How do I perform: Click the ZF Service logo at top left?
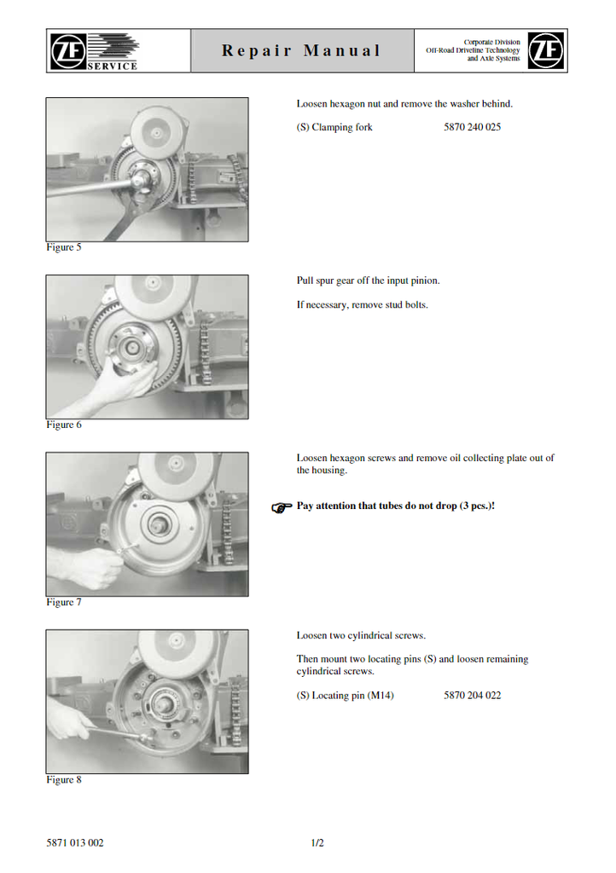pos(94,51)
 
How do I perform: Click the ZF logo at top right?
pos(546,50)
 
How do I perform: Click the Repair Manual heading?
pos(301,50)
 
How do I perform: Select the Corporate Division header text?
pos(473,50)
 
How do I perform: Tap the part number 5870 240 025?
pos(473,127)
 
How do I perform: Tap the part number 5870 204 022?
pos(473,696)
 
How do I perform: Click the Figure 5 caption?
pos(63,247)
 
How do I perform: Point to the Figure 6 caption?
pos(63,425)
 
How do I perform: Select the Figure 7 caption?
pos(63,603)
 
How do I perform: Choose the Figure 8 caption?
pos(63,780)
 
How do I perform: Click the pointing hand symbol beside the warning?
pos(282,507)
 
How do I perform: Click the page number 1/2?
pos(317,843)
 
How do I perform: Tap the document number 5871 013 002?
pos(74,843)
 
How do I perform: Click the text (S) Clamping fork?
pos(334,128)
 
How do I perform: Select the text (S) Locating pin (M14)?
pos(345,696)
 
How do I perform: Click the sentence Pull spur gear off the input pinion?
pos(369,280)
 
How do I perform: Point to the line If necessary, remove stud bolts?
pos(362,305)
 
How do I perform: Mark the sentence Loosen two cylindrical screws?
pos(361,636)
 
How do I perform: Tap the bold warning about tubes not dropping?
pos(395,506)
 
